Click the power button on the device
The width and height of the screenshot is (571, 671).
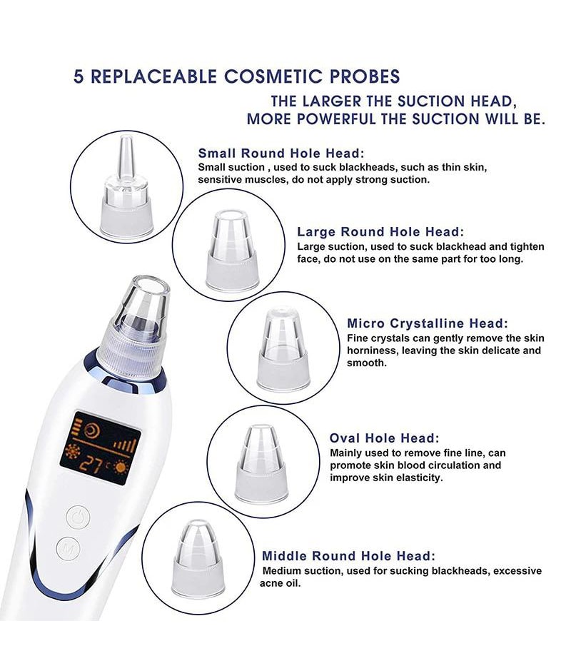click(78, 518)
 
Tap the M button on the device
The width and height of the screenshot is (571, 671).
click(68, 548)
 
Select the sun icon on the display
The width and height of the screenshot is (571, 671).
click(121, 466)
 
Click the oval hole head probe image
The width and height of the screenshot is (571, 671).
click(261, 462)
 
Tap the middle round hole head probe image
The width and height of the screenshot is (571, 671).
click(198, 558)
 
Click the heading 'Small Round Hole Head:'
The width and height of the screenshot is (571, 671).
click(281, 153)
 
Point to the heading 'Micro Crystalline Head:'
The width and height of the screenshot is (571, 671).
click(428, 323)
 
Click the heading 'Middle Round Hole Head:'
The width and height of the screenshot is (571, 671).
click(348, 556)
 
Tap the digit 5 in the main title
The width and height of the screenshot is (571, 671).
click(79, 76)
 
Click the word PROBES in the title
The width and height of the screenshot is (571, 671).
click(365, 76)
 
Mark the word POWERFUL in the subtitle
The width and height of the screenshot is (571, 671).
click(335, 118)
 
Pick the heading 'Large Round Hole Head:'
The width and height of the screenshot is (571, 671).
click(380, 232)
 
